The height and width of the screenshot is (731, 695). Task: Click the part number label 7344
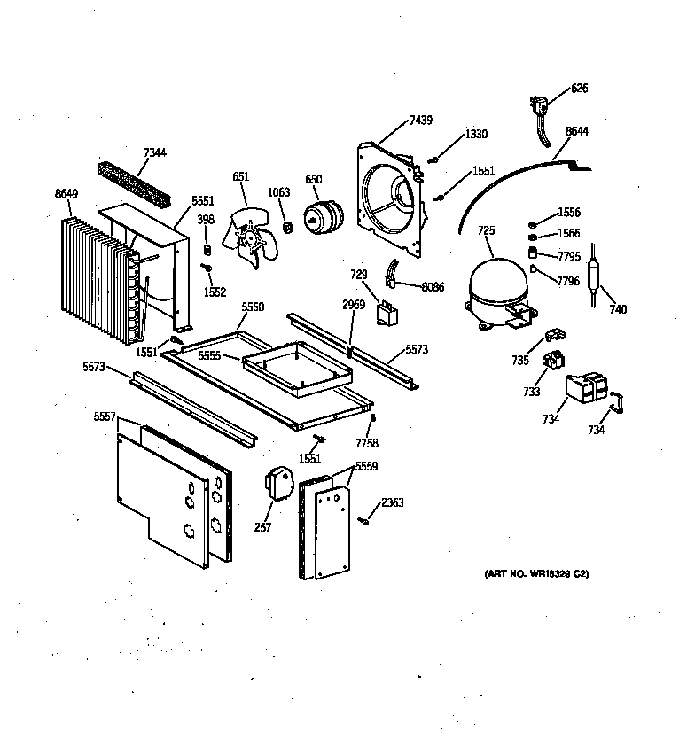point(154,153)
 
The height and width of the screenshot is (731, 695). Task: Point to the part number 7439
point(421,120)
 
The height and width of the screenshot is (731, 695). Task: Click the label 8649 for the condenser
point(66,193)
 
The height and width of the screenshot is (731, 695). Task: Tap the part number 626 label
point(579,89)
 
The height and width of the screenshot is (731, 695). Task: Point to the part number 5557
point(105,416)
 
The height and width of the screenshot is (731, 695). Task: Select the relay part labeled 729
point(387,309)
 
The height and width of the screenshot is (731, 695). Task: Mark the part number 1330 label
point(476,135)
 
